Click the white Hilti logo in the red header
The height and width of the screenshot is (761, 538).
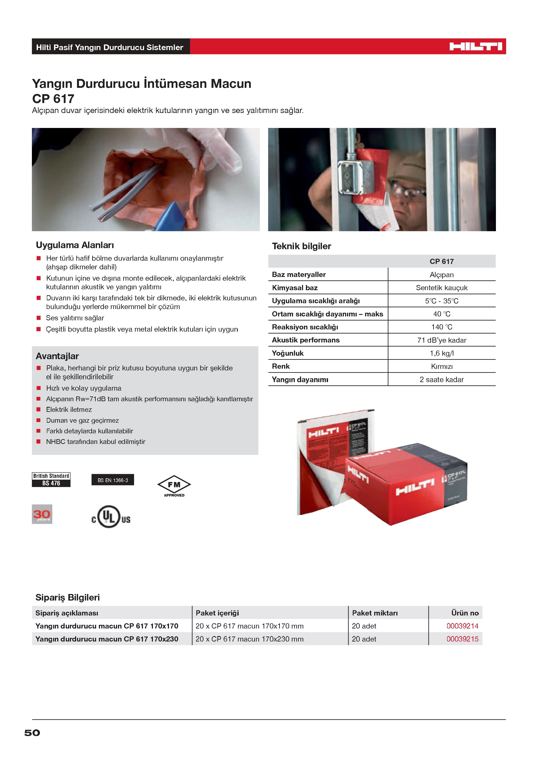click(476, 47)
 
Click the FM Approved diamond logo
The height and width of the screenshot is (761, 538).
click(174, 486)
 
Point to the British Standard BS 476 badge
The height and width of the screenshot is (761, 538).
click(51, 480)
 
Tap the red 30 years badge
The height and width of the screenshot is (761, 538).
click(42, 514)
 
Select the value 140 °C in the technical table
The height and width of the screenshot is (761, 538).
click(441, 327)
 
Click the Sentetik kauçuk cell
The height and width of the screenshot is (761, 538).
click(441, 288)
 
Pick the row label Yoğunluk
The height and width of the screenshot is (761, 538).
click(288, 353)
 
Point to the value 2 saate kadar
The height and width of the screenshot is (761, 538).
click(441, 380)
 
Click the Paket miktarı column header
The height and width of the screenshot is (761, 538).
click(375, 613)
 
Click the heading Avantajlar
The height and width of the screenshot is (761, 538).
click(57, 356)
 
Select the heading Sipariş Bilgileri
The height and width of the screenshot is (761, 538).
click(68, 597)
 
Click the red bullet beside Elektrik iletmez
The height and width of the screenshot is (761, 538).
click(38, 409)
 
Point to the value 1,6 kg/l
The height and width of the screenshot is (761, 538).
click(441, 353)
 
